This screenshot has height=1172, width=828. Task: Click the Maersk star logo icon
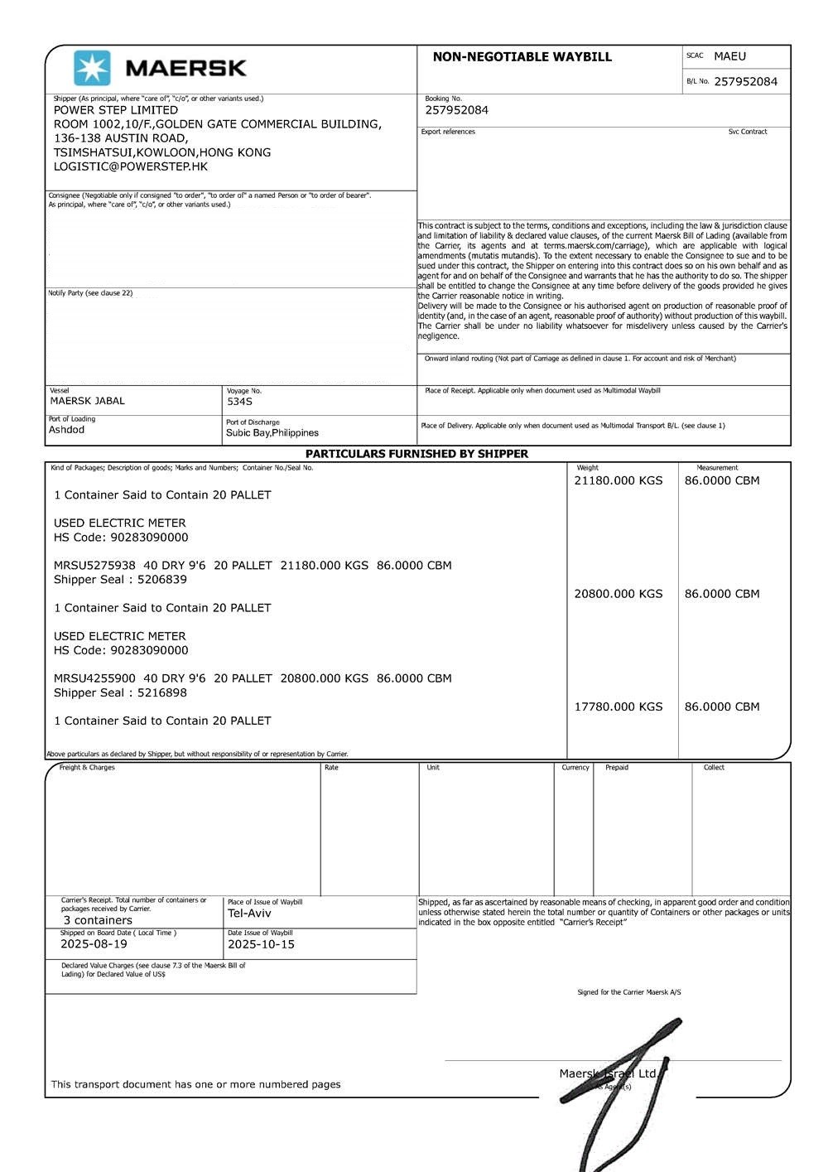(92, 68)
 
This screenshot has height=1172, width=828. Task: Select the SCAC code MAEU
(729, 56)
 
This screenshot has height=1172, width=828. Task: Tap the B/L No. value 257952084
(745, 81)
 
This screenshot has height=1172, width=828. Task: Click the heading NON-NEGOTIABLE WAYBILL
(522, 57)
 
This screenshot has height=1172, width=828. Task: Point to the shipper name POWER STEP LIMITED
(116, 110)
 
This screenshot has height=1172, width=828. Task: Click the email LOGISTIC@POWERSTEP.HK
(131, 166)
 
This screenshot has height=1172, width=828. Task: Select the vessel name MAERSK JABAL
(88, 401)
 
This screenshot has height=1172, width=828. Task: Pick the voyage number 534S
(239, 402)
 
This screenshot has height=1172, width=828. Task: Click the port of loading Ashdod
(66, 430)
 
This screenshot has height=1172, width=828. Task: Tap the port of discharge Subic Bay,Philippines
(272, 432)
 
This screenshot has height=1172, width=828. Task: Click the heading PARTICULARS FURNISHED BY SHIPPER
(416, 454)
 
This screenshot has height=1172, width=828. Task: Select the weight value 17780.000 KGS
(619, 707)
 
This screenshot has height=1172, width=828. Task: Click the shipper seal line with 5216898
(120, 692)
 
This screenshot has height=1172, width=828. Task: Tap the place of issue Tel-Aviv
(249, 914)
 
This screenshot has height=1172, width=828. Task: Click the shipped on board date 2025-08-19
(94, 944)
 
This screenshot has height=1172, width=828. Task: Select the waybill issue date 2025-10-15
(261, 944)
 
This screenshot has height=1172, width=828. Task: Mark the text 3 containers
(98, 920)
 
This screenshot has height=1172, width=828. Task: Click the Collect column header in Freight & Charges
(714, 768)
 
